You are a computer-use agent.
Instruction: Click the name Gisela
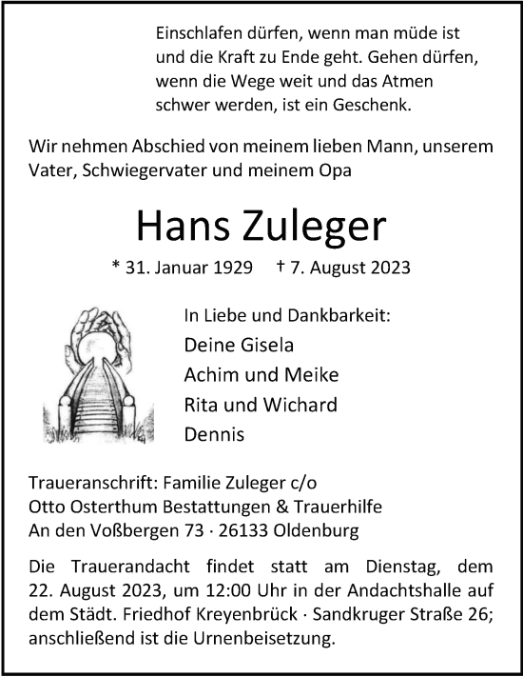(x=253, y=345)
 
